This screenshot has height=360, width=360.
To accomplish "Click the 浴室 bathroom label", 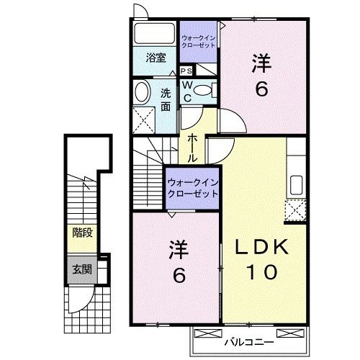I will click(156, 57).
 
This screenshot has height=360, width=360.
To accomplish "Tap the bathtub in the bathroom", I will click(153, 33).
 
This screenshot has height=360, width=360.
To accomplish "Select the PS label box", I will click(186, 71).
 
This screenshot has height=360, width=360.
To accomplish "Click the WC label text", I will click(186, 91).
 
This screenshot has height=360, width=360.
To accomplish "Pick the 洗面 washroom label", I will click(166, 98).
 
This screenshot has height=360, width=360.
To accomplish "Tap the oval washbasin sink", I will click(142, 91).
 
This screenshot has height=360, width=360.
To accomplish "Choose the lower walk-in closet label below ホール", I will click(193, 187).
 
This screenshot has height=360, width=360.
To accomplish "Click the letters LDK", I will click(263, 247).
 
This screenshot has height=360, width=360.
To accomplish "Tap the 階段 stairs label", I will click(81, 233).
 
